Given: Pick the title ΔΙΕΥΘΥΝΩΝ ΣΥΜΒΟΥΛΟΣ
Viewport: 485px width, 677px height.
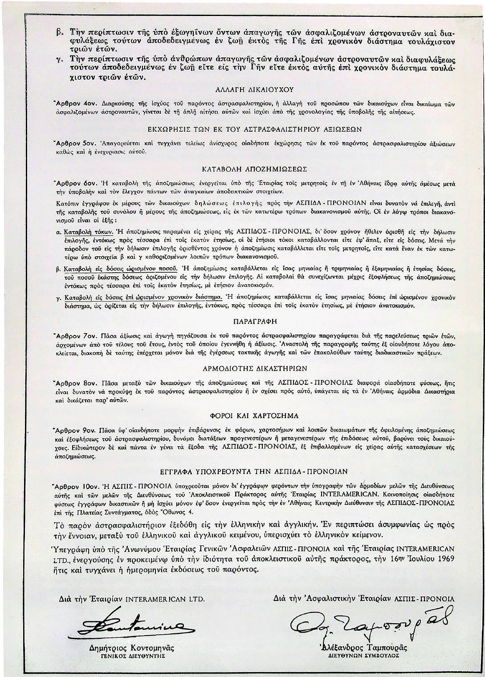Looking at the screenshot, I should point(362,655).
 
